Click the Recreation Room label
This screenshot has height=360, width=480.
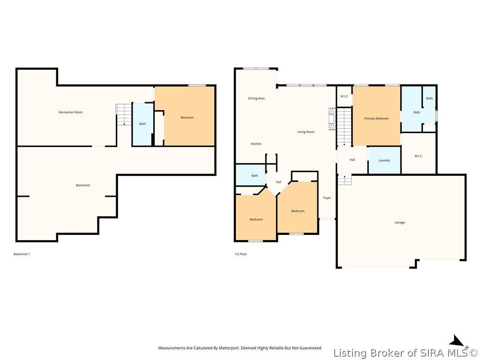71,112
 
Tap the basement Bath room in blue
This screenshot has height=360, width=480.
142,124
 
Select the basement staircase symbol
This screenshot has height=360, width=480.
124,115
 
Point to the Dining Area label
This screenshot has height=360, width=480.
256,98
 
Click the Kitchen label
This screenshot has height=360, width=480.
256,144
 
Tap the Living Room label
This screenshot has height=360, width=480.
306,132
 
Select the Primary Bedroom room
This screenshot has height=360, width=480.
376,116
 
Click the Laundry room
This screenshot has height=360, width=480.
384,160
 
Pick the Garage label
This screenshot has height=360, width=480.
400,223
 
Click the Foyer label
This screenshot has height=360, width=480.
327,198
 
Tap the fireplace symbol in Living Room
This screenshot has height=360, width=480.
332,119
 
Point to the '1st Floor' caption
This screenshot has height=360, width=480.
241,254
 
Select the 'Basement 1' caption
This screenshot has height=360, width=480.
22,254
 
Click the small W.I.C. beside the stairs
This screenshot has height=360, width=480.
345,97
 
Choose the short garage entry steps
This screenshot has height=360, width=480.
345,180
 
